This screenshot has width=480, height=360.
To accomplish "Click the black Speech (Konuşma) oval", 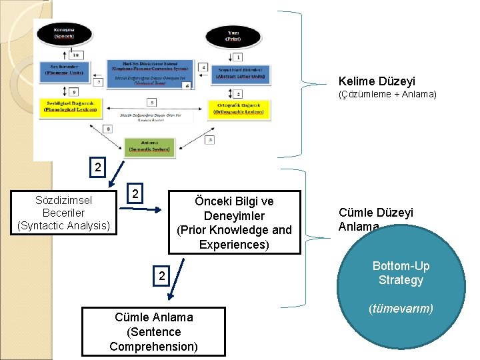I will pyautogui.click(x=64, y=32).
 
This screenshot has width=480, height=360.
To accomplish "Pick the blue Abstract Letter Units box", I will pyautogui.click(x=240, y=73).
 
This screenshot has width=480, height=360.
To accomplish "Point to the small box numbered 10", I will pyautogui.click(x=77, y=55).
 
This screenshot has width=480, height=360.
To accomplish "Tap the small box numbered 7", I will pyautogui.click(x=99, y=83).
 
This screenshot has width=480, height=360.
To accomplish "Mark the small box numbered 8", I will pyautogui.click(x=108, y=127).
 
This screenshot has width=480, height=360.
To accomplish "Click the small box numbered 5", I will pyautogui.click(x=153, y=103).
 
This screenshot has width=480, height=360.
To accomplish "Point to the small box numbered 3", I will pyautogui.click(x=211, y=139).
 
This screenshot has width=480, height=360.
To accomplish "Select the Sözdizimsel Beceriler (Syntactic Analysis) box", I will pyautogui.click(x=63, y=213).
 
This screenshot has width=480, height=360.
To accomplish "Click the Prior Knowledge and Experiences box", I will pyautogui.click(x=234, y=223).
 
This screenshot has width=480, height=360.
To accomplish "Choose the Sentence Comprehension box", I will pyautogui.click(x=153, y=331).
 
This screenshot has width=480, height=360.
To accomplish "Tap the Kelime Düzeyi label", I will pyautogui.click(x=377, y=81).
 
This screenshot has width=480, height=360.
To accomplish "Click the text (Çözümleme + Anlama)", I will pyautogui.click(x=387, y=95).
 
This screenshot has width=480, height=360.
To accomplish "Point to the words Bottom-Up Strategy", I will pyautogui.click(x=401, y=273).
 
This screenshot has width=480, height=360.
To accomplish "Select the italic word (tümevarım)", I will pyautogui.click(x=401, y=308).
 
